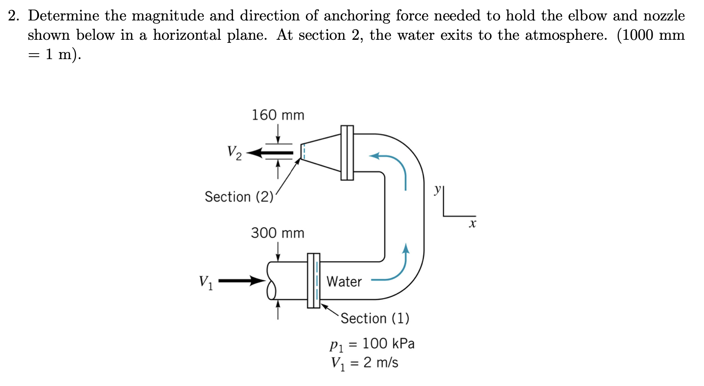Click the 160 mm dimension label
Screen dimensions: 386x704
point(278,115)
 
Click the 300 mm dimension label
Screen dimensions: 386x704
point(277,233)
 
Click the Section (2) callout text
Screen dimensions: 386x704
point(239,197)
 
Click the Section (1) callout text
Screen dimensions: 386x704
point(375,318)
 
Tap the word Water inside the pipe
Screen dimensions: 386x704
point(344,282)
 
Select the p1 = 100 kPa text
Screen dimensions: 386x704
point(372,344)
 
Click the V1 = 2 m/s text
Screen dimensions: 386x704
point(365,363)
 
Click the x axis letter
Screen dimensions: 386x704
point(472,224)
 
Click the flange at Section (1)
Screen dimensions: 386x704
point(313,280)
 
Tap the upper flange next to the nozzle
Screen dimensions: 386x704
point(347,152)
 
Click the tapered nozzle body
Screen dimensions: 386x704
point(321,152)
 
